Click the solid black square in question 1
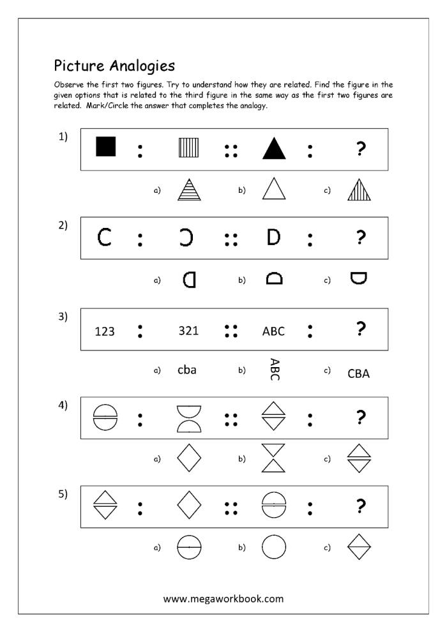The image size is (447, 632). click(x=105, y=147)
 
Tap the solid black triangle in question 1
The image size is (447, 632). click(x=273, y=149)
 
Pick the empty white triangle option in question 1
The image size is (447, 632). click(x=273, y=190)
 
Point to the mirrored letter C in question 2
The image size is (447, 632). click(x=190, y=237)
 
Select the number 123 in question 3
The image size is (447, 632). click(x=104, y=331)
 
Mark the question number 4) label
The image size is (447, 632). click(x=63, y=406)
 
